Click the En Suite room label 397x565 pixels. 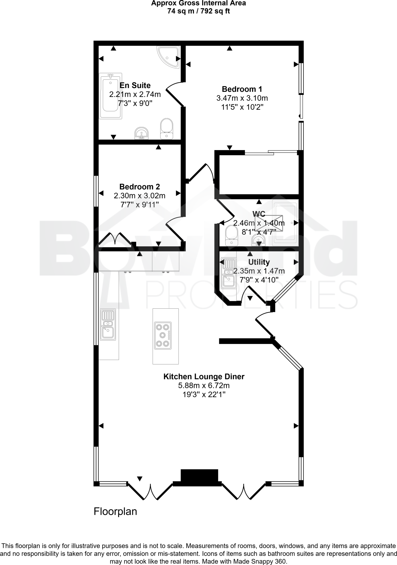tap(135, 85)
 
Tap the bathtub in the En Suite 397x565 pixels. tap(111, 96)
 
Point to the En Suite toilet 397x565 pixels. tap(167, 129)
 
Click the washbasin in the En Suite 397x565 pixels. tap(142, 134)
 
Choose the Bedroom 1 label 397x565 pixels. tap(242, 89)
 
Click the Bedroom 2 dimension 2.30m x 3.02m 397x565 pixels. tap(140, 196)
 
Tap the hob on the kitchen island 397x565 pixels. tap(163, 335)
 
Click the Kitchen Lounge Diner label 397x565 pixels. tap(204, 377)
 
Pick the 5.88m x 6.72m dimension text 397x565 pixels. tap(204, 385)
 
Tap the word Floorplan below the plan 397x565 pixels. tap(115, 511)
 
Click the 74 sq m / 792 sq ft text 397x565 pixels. tap(198, 11)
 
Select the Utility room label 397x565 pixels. tap(259, 262)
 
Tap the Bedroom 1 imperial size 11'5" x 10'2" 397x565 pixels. tap(242, 107)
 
